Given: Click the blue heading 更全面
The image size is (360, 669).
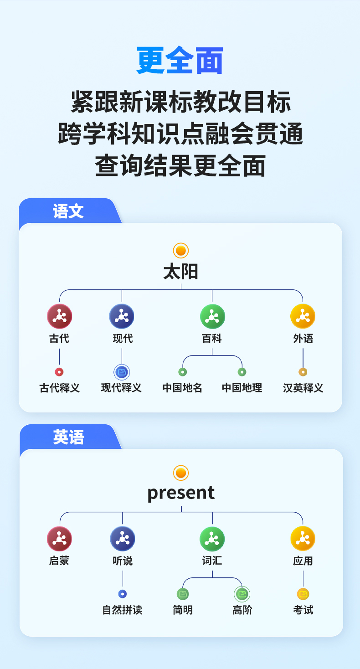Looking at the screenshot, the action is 180,61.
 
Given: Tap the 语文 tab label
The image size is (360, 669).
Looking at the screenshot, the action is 68,211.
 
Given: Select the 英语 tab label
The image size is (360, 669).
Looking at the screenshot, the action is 68,437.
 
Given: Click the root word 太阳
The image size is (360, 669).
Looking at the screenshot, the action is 181,272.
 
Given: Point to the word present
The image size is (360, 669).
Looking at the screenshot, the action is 181,493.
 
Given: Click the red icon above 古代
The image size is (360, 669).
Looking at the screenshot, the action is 60,316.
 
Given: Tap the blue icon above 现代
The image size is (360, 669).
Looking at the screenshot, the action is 122,316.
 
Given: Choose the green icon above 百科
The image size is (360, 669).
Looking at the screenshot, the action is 212,316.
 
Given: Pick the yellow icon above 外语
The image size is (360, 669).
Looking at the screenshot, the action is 303,316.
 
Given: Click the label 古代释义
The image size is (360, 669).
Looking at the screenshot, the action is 60,388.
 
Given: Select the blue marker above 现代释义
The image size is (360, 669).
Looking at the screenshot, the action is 122,372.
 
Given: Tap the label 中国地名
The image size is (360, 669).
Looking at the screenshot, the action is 182,388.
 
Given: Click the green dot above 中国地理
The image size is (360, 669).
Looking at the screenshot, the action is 242,372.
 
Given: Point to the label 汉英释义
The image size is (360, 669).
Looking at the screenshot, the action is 303,388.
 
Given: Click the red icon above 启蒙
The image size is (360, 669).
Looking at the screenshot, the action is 60,539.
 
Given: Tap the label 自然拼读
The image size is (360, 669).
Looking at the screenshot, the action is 122,610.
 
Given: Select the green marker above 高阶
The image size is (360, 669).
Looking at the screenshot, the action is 242,594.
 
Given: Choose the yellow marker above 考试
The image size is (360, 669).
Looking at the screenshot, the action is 303,594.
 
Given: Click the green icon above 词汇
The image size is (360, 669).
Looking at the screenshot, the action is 212,539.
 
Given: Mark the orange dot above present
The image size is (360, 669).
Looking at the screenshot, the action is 181,473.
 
